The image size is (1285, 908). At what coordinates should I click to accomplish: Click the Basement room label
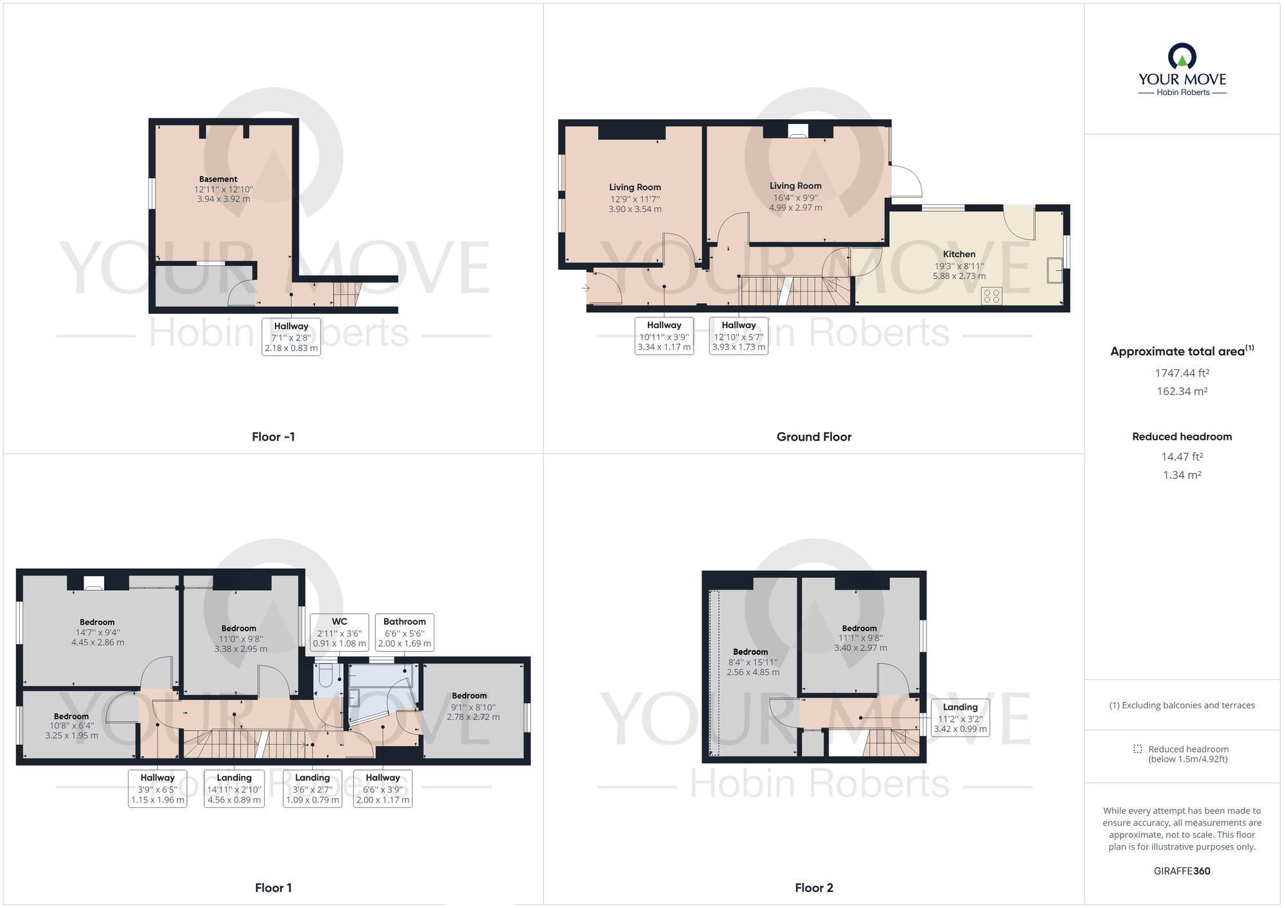pyautogui.click(x=218, y=180)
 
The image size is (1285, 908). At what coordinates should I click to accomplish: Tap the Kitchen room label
pyautogui.click(x=959, y=254)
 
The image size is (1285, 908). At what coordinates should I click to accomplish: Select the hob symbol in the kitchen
pyautogui.click(x=991, y=295)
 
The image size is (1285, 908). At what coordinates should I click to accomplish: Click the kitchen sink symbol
pyautogui.click(x=1054, y=270)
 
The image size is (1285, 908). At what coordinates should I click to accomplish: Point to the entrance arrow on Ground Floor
pyautogui.click(x=585, y=288)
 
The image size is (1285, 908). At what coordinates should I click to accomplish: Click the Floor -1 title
pyautogui.click(x=273, y=437)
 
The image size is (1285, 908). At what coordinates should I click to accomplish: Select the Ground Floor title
pyautogui.click(x=813, y=437)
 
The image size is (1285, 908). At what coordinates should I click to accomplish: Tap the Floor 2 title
pyautogui.click(x=813, y=887)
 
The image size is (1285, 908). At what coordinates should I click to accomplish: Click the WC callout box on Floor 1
pyautogui.click(x=339, y=632)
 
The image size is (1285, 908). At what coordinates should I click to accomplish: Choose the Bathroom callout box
pyautogui.click(x=404, y=632)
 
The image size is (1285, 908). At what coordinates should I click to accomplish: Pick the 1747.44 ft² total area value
pyautogui.click(x=1182, y=373)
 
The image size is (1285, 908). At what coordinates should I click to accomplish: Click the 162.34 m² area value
pyautogui.click(x=1182, y=391)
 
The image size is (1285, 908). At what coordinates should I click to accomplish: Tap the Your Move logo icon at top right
pyautogui.click(x=1182, y=57)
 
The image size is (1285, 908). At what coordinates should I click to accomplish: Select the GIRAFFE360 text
pyautogui.click(x=1182, y=871)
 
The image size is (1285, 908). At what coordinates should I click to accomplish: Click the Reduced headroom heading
pyautogui.click(x=1182, y=437)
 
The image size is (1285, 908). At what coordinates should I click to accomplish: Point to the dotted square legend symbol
pyautogui.click(x=1137, y=749)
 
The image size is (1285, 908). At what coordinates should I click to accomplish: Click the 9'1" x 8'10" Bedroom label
pyautogui.click(x=470, y=695)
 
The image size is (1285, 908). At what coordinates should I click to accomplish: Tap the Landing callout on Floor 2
pyautogui.click(x=960, y=717)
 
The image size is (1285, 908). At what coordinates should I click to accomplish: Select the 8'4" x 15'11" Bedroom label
pyautogui.click(x=750, y=652)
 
